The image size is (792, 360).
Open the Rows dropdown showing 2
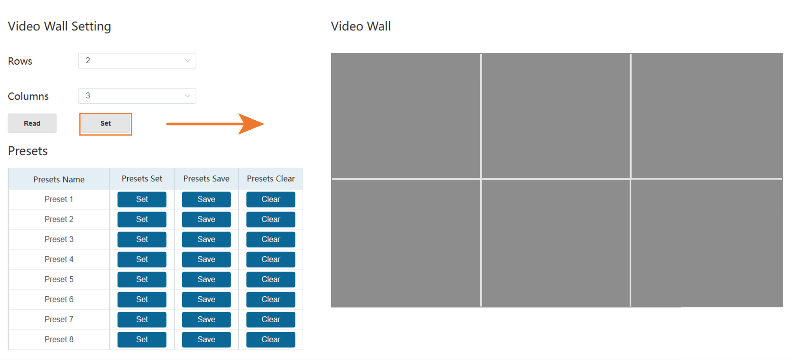pyautogui.click(x=137, y=61)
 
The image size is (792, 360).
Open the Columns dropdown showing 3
pyautogui.click(x=137, y=96)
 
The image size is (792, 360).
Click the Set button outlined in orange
pyautogui.click(x=105, y=124)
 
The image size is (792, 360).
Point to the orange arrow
pyautogui.click(x=215, y=124)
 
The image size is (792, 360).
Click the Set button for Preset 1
pyautogui.click(x=142, y=199)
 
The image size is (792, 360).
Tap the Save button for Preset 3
pyautogui.click(x=206, y=239)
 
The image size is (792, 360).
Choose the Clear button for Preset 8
pyautogui.click(x=271, y=340)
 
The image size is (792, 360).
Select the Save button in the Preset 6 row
pyautogui.click(x=206, y=299)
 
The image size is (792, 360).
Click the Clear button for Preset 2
pyautogui.click(x=271, y=219)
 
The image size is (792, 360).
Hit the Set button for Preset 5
pyautogui.click(x=142, y=279)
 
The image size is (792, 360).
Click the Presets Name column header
pyautogui.click(x=59, y=180)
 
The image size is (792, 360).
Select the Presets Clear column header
pyautogui.click(x=271, y=179)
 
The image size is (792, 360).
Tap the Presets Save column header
pyautogui.click(x=206, y=179)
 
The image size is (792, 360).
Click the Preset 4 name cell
pyautogui.click(x=59, y=259)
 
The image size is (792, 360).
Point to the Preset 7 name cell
pyautogui.click(x=59, y=320)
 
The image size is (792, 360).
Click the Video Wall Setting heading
pyautogui.click(x=59, y=26)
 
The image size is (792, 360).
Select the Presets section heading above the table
pyautogui.click(x=28, y=151)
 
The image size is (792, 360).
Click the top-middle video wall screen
pyautogui.click(x=555, y=116)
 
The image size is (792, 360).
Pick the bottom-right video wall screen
pyautogui.click(x=707, y=243)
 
